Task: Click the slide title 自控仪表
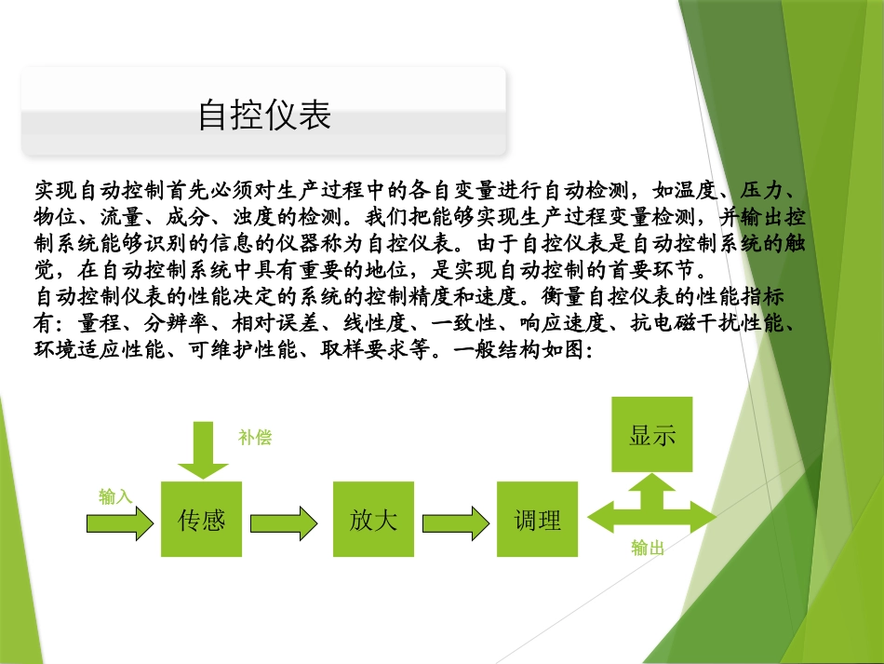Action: point(265,115)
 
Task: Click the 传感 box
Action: point(201,519)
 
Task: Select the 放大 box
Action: point(373,519)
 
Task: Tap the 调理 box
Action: point(537,519)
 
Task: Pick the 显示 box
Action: point(652,435)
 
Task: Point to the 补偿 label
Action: point(255,438)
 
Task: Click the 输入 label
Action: point(115,497)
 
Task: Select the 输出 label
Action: point(648,549)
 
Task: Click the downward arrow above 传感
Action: point(202,448)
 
